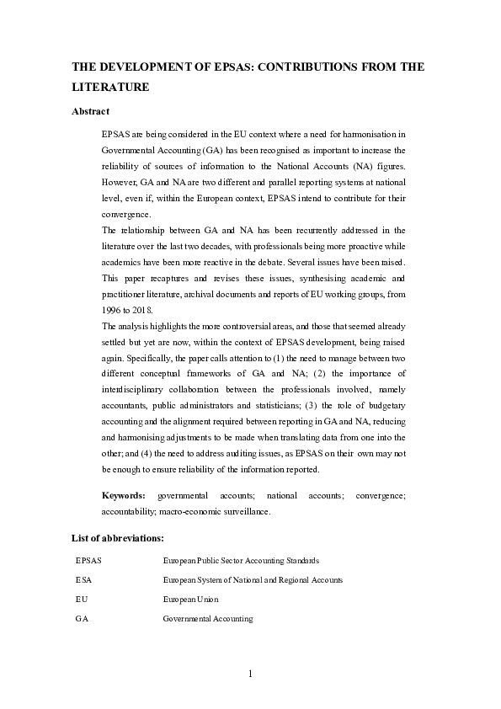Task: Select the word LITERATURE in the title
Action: pos(109,87)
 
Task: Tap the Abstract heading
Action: pos(90,111)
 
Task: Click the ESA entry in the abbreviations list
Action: pos(84,579)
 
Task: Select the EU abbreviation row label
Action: pos(82,599)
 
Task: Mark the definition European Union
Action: pos(190,599)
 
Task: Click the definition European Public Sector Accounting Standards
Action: pos(241,560)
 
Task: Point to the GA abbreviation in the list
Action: pos(83,619)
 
